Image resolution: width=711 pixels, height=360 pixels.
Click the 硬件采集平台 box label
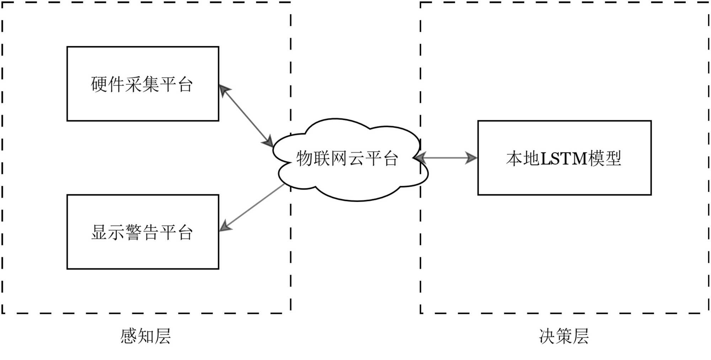coord(142,85)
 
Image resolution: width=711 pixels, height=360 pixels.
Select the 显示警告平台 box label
coord(142,233)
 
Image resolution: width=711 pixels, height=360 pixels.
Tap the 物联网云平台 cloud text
coord(347,159)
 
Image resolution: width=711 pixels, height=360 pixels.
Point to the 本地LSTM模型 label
coord(564,159)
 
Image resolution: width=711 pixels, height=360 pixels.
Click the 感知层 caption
coord(145,337)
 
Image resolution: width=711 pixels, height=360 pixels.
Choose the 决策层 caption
coord(564,337)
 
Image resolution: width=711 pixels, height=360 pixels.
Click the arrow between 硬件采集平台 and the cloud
coord(246,116)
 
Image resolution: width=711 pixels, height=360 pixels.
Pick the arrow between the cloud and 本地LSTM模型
coord(446,158)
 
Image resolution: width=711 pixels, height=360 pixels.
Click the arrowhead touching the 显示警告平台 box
coord(225,226)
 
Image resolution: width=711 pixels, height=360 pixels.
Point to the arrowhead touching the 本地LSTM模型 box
coord(471,158)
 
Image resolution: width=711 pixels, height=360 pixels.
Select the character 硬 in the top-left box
coord(99,85)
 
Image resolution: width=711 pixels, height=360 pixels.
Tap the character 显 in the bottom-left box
coord(99,233)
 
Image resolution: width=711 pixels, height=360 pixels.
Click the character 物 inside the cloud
coord(304,159)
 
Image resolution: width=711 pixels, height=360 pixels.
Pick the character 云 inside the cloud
coord(355,159)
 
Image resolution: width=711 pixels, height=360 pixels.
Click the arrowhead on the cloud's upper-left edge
coord(268,142)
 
